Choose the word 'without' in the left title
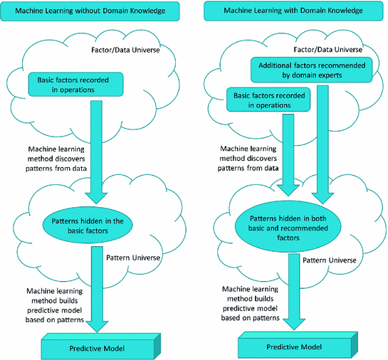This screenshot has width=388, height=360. point(93,11)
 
